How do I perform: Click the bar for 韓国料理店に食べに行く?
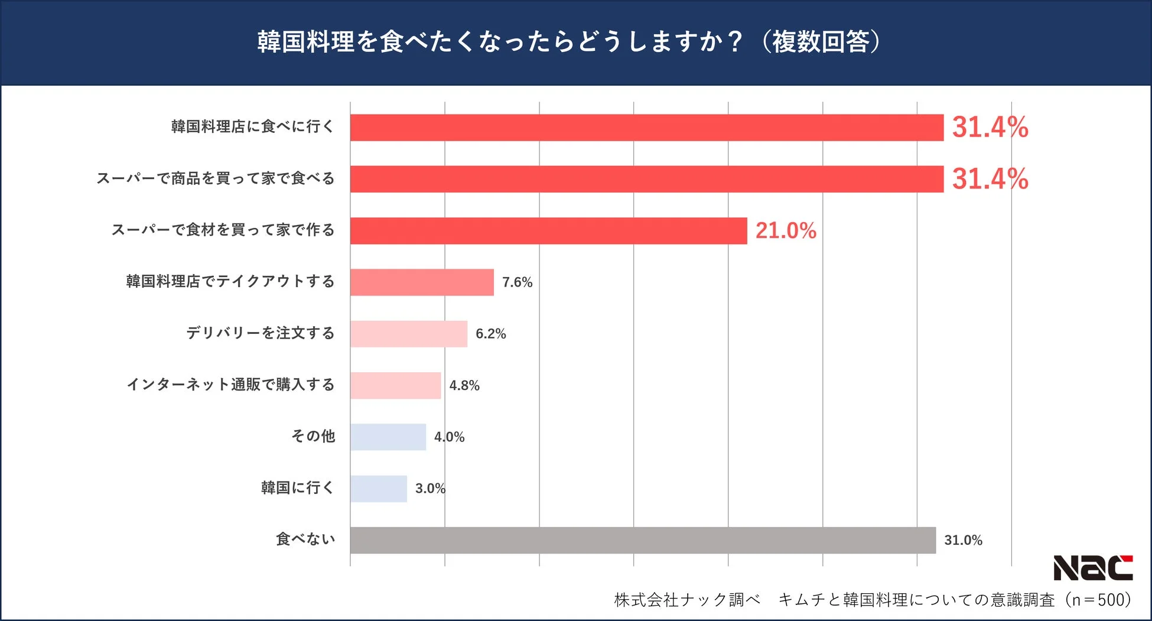click(647, 128)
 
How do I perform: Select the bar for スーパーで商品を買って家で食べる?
click(647, 179)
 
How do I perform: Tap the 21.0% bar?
click(548, 230)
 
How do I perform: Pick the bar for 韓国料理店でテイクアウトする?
click(422, 282)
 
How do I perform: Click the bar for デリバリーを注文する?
click(409, 334)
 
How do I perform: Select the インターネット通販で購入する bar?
click(395, 385)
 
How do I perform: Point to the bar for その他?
click(388, 437)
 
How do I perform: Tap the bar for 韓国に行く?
click(379, 489)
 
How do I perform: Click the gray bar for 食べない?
click(643, 540)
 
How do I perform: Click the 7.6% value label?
click(517, 282)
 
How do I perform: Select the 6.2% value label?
click(491, 334)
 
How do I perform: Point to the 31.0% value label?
click(963, 540)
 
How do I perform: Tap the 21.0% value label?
click(786, 230)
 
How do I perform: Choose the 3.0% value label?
click(430, 489)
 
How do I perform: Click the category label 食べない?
click(305, 539)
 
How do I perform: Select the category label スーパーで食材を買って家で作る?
click(223, 230)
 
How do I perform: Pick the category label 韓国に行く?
click(298, 487)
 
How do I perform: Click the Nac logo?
click(1093, 568)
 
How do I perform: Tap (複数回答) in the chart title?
click(821, 42)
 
